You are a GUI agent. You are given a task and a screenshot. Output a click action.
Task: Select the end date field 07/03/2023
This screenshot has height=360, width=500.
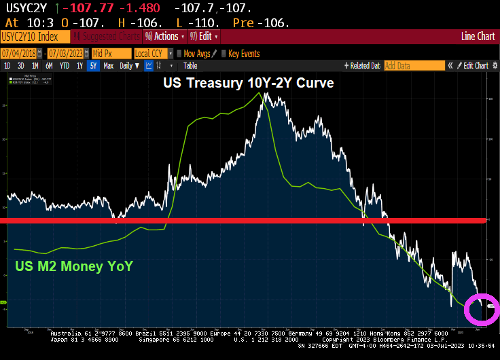point(66,54)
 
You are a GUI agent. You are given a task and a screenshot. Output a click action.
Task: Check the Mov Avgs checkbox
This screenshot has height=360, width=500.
point(179,54)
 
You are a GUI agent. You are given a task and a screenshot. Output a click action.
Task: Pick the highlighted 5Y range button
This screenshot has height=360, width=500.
point(93,66)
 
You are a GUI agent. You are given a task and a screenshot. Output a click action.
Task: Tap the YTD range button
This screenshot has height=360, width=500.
point(65,66)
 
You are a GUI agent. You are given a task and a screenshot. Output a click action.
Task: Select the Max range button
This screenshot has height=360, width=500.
point(108,66)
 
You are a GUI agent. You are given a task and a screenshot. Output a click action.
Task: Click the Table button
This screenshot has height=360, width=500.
point(190,66)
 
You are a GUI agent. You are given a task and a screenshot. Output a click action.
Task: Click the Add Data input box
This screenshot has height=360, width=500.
point(414,66)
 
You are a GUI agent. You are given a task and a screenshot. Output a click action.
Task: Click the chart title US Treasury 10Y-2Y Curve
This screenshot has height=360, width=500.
point(247,83)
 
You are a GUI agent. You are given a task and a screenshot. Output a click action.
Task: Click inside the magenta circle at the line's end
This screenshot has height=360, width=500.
point(482,310)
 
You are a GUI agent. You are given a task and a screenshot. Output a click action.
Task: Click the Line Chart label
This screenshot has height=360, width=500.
point(478,37)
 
